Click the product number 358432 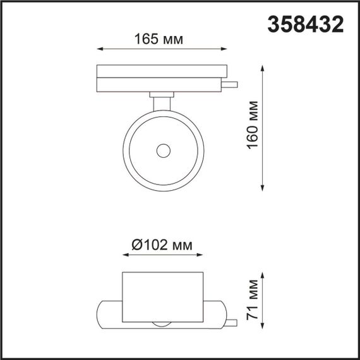point(306,25)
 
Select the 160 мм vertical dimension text point(253,126)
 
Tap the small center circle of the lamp point(163,150)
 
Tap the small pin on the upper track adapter point(232,84)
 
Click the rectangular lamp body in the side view point(163,297)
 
